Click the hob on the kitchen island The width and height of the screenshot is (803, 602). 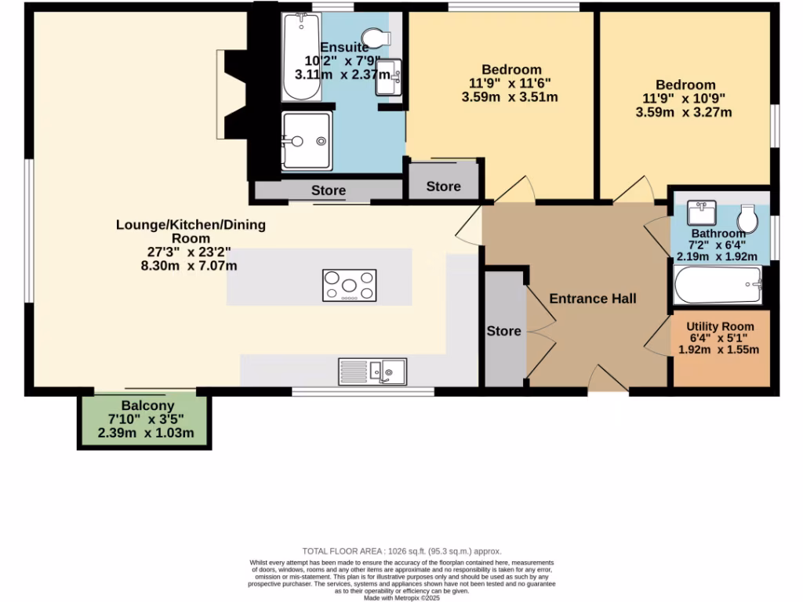click(x=349, y=285)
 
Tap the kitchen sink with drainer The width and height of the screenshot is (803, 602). click(x=372, y=372)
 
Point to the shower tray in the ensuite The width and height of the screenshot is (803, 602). click(x=307, y=141)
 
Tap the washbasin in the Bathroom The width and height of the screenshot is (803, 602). click(x=703, y=212)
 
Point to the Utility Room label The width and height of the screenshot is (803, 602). click(x=720, y=326)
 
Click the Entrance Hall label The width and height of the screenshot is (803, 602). click(x=592, y=299)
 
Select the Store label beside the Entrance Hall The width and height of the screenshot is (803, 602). click(x=503, y=331)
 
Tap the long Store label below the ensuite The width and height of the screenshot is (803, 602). click(x=328, y=190)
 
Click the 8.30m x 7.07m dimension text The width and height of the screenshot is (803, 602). click(x=189, y=265)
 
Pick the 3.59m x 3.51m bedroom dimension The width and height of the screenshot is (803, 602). click(x=510, y=97)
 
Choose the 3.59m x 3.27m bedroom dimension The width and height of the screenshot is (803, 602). click(x=684, y=112)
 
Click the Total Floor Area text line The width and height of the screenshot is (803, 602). click(x=401, y=552)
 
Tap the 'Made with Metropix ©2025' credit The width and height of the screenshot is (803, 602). click(x=401, y=597)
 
